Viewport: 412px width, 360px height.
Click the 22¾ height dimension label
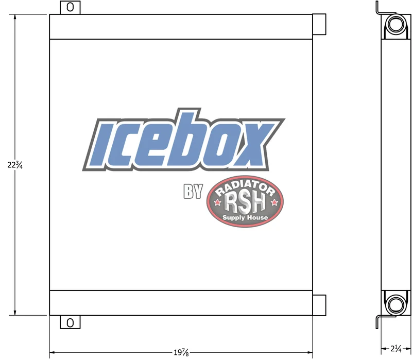[x=15, y=165]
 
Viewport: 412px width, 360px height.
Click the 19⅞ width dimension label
[x=181, y=352]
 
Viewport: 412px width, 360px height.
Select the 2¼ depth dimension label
[x=396, y=349]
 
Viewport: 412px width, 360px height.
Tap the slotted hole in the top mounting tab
[x=70, y=7]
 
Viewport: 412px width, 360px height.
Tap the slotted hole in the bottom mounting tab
[x=70, y=322]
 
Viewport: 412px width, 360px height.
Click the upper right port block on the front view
[x=319, y=24]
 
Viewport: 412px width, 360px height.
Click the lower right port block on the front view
[x=319, y=305]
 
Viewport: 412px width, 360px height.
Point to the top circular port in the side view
[x=396, y=24]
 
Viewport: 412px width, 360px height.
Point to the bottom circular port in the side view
[x=396, y=304]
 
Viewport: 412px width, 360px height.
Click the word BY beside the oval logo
[x=193, y=191]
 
